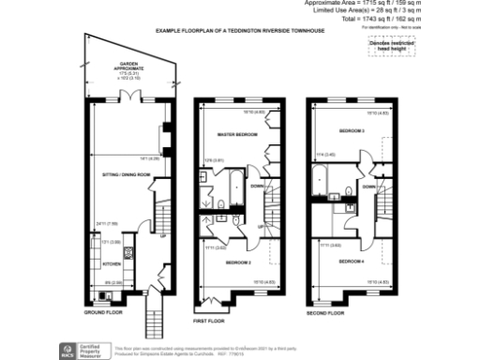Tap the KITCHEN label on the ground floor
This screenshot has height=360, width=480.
pos(112,264)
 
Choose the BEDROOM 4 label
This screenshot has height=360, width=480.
pos(351,261)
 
